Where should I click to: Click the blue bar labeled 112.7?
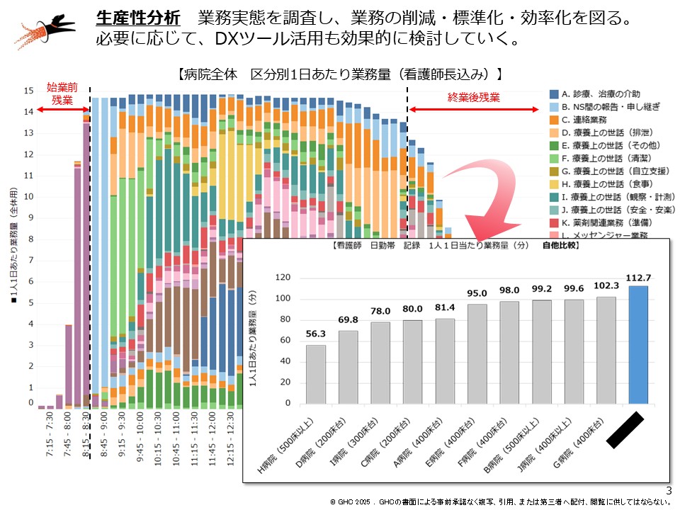[637, 344]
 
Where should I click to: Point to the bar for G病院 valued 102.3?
[606, 350]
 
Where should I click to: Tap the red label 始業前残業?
[62, 93]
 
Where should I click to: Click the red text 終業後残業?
[473, 98]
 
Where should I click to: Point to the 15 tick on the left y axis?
[28, 91]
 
